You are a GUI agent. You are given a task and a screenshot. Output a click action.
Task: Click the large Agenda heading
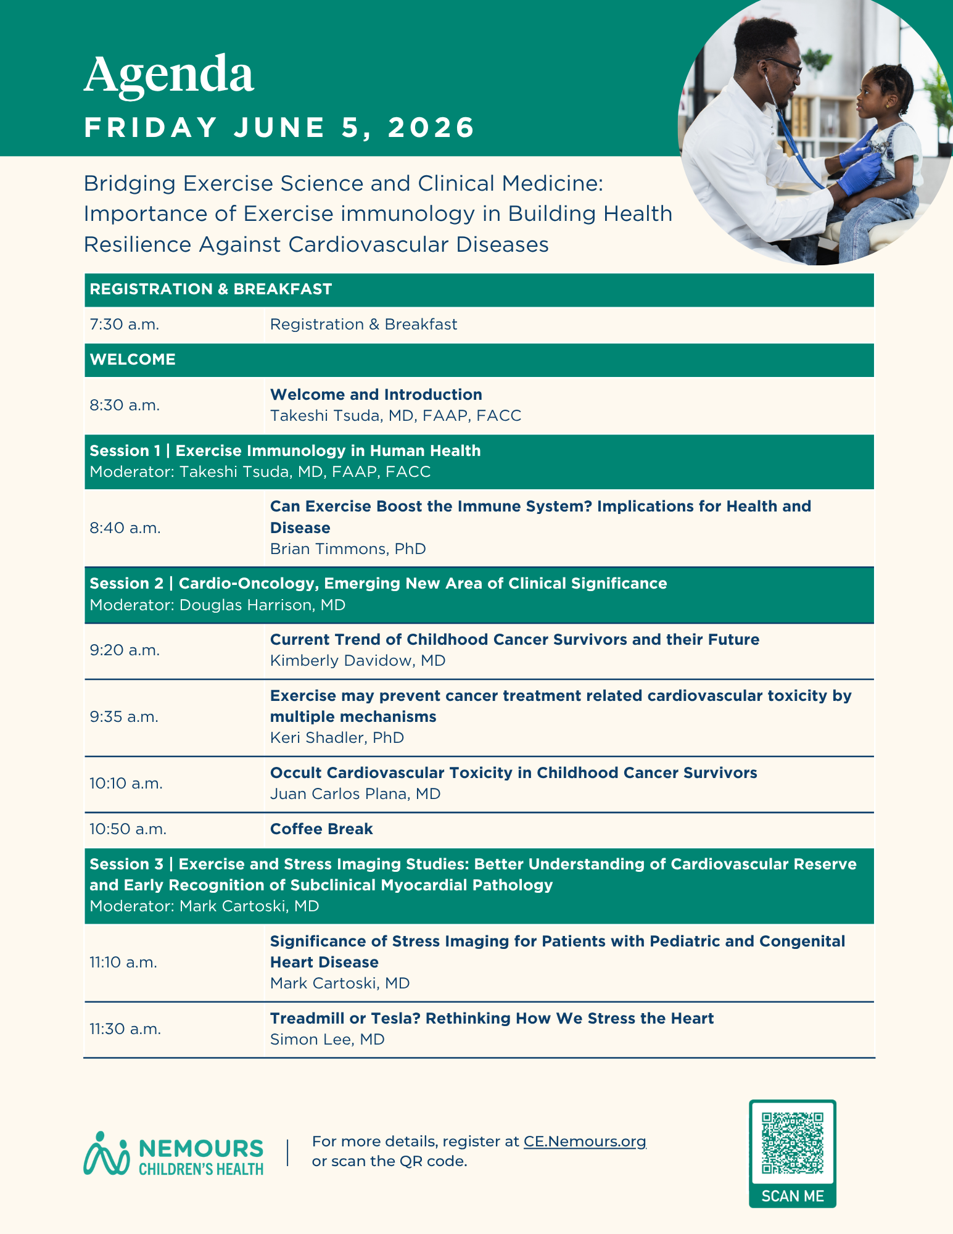[168, 75]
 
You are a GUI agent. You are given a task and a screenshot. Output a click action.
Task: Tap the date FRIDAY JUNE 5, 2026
[279, 128]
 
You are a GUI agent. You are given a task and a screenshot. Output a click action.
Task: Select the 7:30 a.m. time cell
[125, 325]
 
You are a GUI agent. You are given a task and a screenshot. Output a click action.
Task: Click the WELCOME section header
[133, 360]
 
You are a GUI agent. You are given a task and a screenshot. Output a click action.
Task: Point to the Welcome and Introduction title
[376, 395]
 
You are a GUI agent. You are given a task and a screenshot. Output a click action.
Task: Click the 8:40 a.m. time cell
[125, 528]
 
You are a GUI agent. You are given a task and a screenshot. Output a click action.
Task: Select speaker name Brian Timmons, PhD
[348, 549]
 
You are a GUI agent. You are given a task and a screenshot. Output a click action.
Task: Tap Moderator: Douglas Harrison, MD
[217, 605]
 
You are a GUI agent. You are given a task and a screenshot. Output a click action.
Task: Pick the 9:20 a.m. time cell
[125, 650]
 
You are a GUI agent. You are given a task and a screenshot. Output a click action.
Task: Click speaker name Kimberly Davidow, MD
[358, 661]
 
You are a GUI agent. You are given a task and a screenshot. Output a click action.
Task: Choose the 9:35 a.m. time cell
[124, 717]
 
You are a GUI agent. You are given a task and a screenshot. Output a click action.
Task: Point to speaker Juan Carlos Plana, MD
[355, 794]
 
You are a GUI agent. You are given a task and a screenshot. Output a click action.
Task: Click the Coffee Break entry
[321, 829]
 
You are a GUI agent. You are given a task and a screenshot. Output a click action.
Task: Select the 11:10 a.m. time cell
[123, 963]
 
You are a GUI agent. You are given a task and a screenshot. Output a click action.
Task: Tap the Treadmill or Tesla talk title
[492, 1019]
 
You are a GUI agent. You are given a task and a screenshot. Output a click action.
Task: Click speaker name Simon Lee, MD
[327, 1040]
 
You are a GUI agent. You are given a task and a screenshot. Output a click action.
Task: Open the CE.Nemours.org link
[584, 1141]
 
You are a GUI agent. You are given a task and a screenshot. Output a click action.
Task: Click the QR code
[793, 1143]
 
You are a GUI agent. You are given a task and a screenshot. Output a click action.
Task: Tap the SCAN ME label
[793, 1196]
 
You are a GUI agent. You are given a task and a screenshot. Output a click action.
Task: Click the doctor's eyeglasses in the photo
[783, 67]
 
